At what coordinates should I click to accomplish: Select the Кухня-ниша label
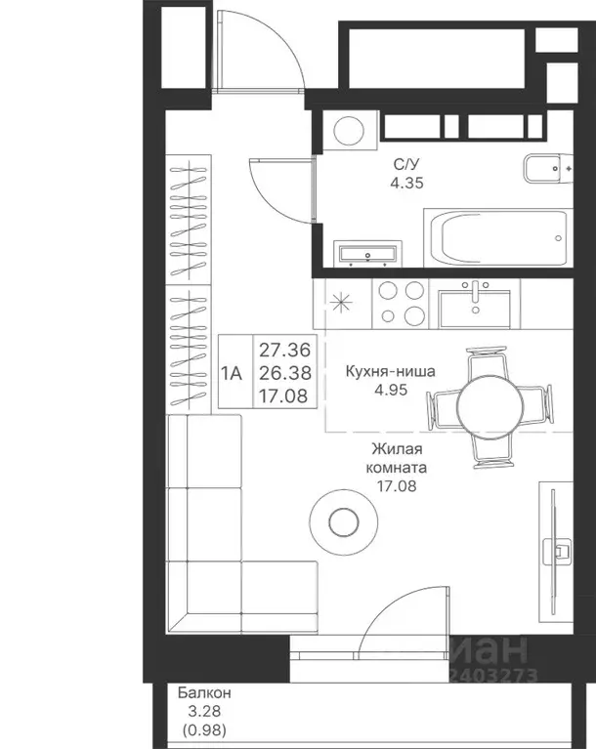[391, 371]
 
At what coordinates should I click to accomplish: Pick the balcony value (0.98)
[204, 728]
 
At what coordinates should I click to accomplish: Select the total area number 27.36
[283, 350]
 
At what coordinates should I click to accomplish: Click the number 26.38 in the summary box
[283, 372]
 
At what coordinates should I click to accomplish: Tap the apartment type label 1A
[232, 372]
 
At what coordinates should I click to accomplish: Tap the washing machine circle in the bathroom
[345, 129]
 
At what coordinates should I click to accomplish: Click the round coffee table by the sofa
[342, 521]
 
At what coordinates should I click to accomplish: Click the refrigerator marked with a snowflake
[341, 303]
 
